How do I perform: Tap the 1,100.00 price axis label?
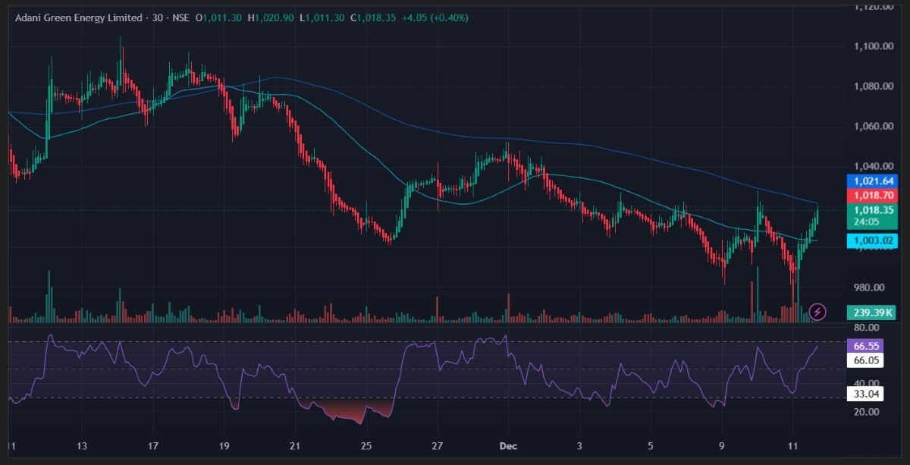click(x=871, y=46)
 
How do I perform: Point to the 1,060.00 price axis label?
click(x=871, y=126)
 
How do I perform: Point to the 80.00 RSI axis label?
click(x=866, y=328)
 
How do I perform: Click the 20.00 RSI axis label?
click(x=866, y=412)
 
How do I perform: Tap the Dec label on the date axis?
click(x=509, y=445)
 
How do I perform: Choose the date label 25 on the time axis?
click(x=366, y=445)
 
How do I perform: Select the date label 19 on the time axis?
click(x=224, y=445)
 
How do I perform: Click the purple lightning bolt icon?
click(x=817, y=311)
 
